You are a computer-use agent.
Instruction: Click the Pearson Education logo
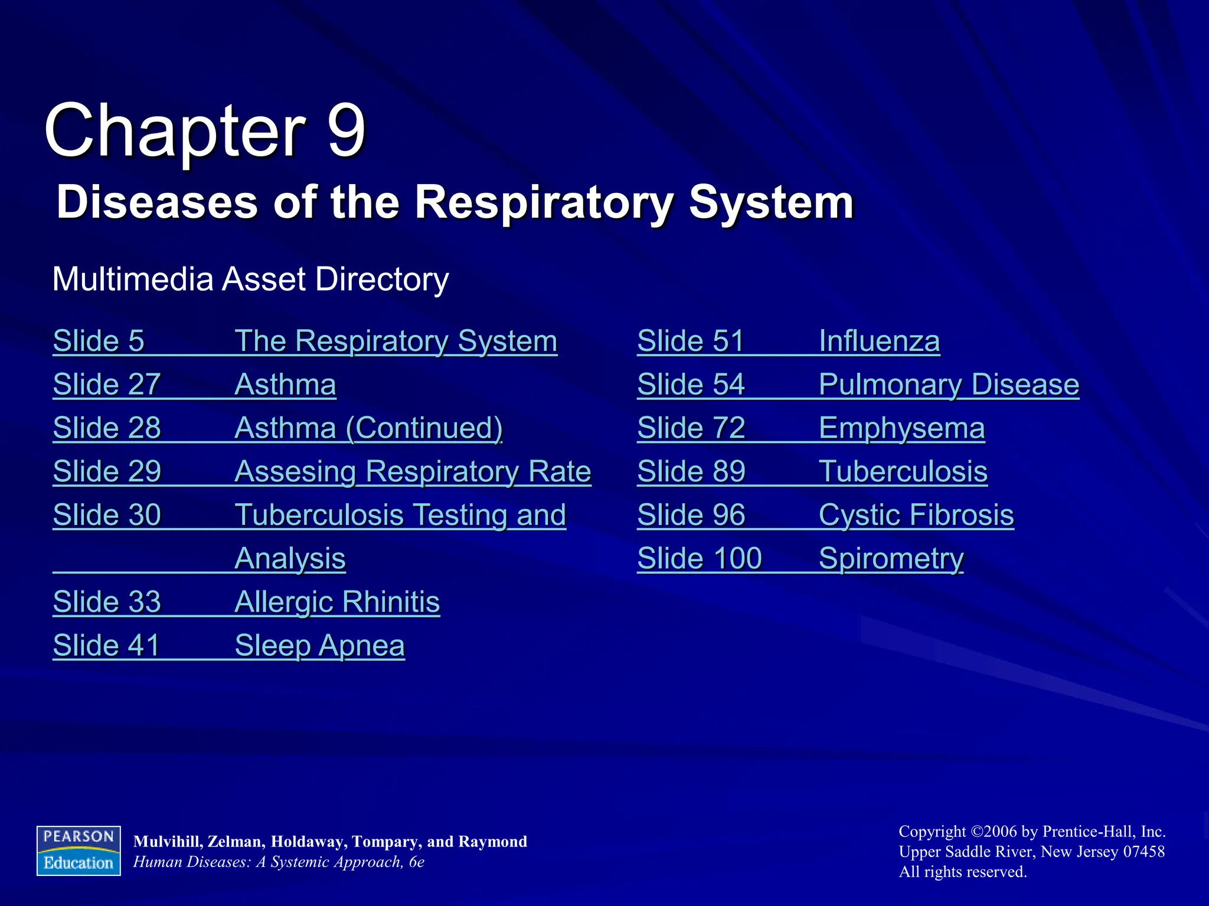tap(79, 851)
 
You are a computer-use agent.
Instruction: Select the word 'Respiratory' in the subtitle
tap(543, 202)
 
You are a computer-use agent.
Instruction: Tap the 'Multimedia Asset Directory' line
tap(250, 279)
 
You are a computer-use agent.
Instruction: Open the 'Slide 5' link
tap(99, 341)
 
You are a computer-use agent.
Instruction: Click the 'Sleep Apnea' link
tap(319, 645)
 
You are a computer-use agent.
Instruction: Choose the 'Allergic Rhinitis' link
tap(337, 602)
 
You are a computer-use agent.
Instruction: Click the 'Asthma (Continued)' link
tap(368, 428)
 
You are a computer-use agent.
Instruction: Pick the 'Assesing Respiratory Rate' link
tap(413, 471)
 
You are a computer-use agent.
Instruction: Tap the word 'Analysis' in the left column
tap(290, 559)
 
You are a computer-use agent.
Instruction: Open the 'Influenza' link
tap(879, 341)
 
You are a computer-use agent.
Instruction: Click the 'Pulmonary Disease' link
tap(949, 385)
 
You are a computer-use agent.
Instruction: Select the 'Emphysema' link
tap(901, 428)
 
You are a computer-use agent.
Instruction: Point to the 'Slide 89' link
tap(691, 471)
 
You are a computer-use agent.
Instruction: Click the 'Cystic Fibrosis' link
tap(916, 515)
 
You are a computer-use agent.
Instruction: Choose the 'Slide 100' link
tap(700, 559)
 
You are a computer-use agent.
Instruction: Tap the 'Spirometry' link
tap(891, 559)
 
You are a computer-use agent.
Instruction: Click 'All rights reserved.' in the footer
tap(963, 872)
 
